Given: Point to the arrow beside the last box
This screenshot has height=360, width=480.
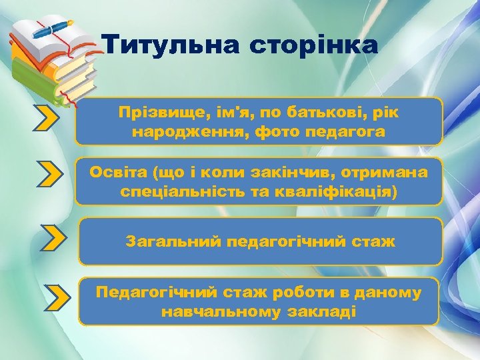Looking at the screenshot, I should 58,297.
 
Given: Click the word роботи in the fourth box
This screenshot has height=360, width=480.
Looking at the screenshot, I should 288,293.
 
